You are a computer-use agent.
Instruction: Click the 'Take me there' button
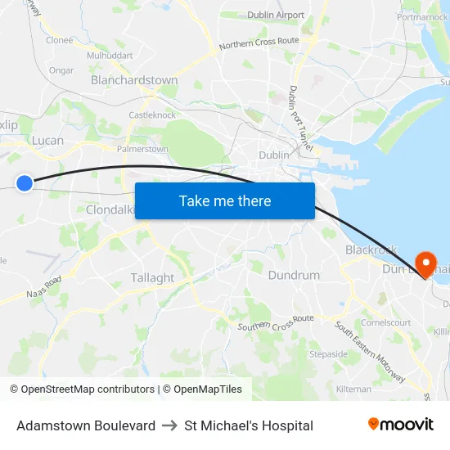[225, 200]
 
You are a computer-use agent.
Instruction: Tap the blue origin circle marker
[25, 183]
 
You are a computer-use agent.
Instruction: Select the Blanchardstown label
[134, 80]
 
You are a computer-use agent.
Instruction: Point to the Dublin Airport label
[275, 15]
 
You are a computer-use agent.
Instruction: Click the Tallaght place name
[152, 277]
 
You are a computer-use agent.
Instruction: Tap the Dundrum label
[294, 275]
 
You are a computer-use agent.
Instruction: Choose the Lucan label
[47, 141]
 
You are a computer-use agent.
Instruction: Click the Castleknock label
[152, 115]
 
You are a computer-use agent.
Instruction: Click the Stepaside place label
[328, 354]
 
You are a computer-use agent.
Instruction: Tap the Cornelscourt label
[386, 322]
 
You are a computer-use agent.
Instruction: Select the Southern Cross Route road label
[276, 322]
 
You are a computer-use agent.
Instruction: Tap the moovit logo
[401, 425]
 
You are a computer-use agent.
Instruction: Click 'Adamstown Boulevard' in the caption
[86, 425]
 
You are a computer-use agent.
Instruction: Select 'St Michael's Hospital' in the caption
[249, 425]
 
